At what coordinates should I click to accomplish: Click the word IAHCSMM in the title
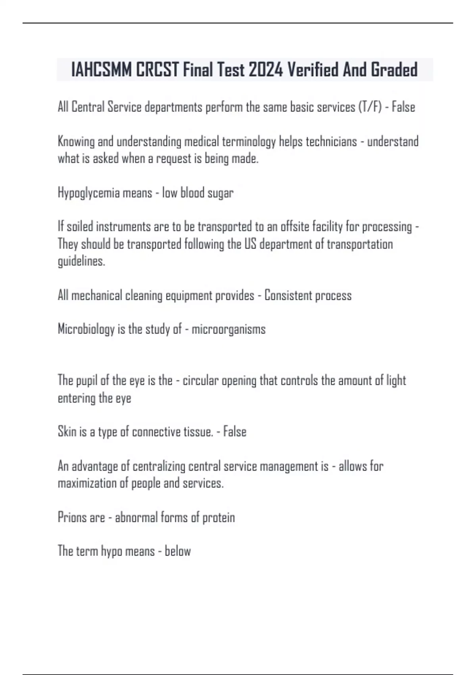click(102, 70)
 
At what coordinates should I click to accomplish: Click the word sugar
click(221, 193)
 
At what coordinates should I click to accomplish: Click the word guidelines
click(81, 261)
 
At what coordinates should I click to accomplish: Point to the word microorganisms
click(228, 329)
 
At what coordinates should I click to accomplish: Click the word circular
click(200, 380)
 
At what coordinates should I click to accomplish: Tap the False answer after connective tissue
click(235, 432)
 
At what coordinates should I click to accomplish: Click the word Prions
click(69, 517)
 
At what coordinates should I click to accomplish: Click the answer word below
click(178, 551)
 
